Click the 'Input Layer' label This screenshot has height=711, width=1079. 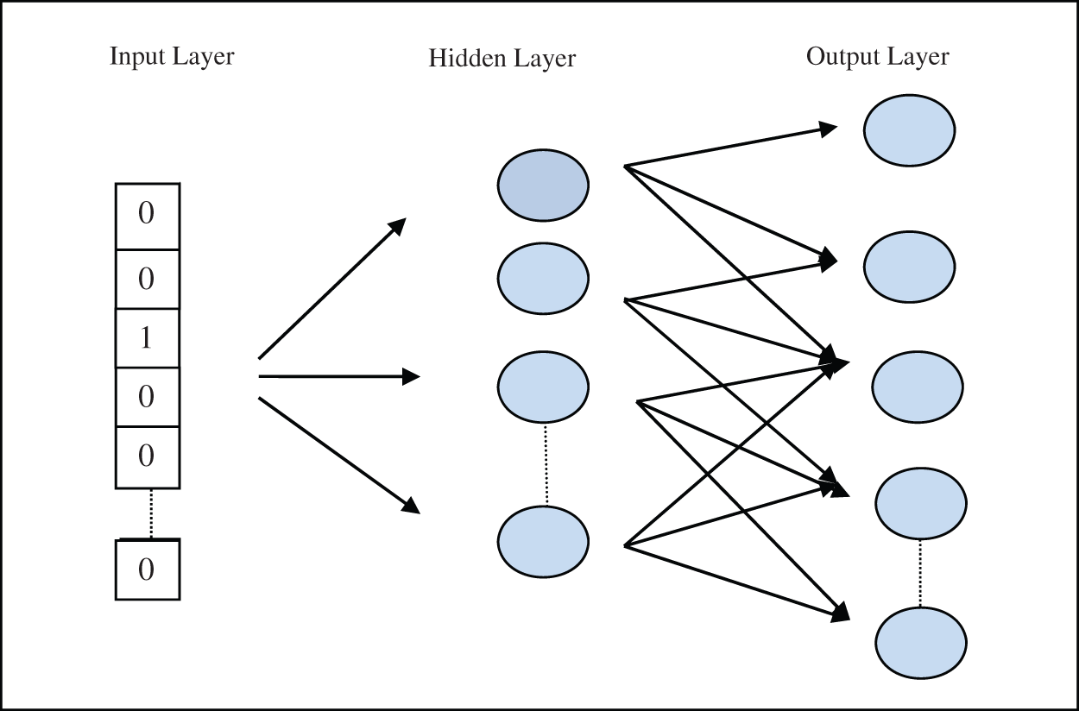(x=172, y=57)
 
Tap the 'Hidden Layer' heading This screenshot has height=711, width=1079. (x=502, y=59)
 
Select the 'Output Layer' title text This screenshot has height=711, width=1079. (x=877, y=57)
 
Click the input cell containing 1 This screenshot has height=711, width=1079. (x=147, y=338)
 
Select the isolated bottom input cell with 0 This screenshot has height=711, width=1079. (x=148, y=569)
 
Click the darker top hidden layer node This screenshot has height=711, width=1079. (x=543, y=185)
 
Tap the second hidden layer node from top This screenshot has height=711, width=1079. (x=543, y=278)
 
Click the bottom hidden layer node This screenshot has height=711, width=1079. (x=543, y=541)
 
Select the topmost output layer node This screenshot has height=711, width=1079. (x=909, y=130)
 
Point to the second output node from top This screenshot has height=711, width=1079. (x=909, y=267)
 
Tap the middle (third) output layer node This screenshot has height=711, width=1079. (x=917, y=386)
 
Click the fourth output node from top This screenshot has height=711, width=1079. (x=920, y=502)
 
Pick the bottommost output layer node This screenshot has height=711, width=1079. (x=920, y=643)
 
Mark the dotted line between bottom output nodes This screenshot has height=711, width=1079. (x=920, y=573)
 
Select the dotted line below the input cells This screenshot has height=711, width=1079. (x=151, y=513)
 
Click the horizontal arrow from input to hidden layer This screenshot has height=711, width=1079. (x=337, y=376)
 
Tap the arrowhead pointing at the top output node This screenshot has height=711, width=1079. (x=828, y=129)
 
